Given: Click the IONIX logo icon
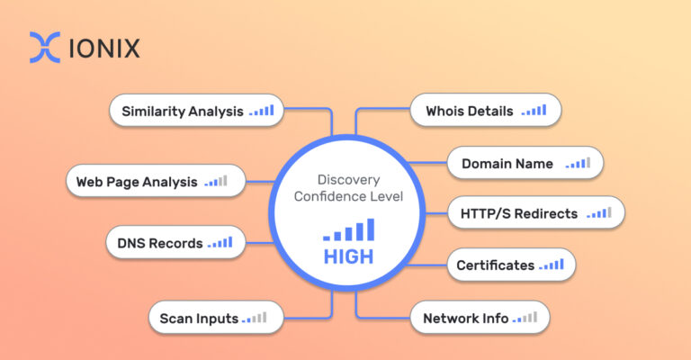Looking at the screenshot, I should point(45,48).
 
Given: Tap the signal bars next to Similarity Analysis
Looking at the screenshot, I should point(262,111).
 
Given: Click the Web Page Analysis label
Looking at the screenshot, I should point(136,182).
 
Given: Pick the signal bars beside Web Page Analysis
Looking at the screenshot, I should point(216,181).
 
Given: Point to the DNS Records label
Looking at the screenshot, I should point(160,243).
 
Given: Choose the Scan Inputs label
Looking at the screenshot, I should point(199,318).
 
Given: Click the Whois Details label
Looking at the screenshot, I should point(462,112).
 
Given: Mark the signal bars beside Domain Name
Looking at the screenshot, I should point(578,163).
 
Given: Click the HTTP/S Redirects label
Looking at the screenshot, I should point(520,214).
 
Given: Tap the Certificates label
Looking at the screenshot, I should point(495,265).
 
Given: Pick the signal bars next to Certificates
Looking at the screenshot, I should point(552,265).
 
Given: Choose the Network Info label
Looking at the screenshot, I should point(465,318).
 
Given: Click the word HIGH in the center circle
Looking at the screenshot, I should point(348,256).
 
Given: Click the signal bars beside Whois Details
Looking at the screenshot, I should point(534,111).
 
